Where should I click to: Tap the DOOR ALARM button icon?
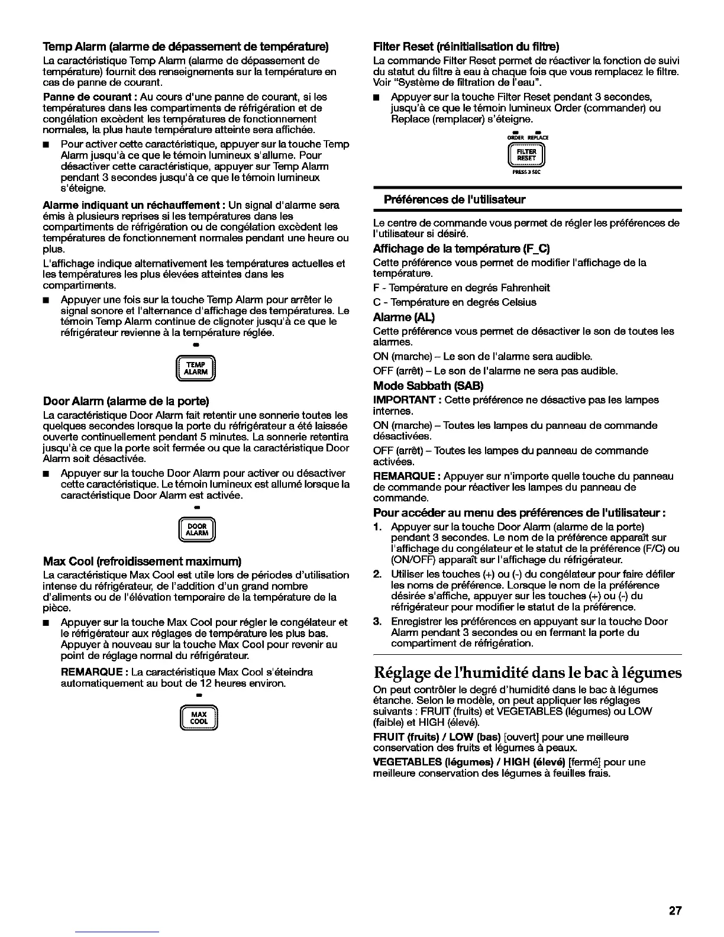(198, 529)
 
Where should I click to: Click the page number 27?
(675, 911)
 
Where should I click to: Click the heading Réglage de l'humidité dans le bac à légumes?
(528, 673)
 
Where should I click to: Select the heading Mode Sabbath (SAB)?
(428, 386)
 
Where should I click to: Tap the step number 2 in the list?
(377, 574)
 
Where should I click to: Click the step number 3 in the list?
(377, 622)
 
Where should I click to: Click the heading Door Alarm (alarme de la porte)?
(127, 401)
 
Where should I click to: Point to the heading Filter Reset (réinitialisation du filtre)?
(466, 46)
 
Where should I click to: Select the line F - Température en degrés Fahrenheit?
(461, 288)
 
